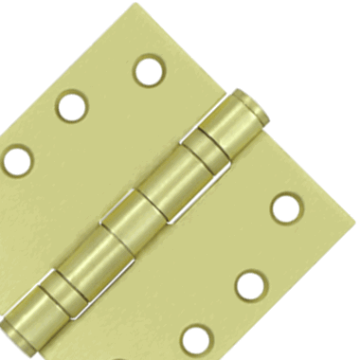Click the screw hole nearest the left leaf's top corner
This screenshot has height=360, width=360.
coord(149,70)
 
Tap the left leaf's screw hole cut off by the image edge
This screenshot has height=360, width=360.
coord(16,159)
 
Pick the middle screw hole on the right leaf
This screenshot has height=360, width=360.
coord(249,283)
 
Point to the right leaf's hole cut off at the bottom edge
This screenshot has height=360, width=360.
coord(197,339)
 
